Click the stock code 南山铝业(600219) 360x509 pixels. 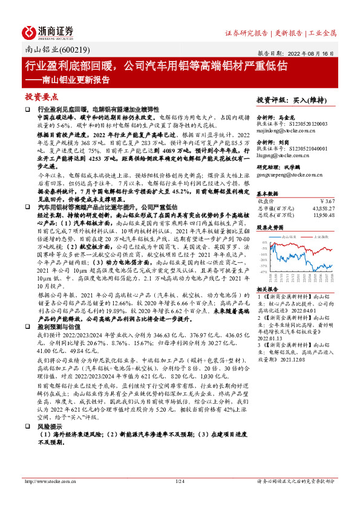click(47, 51)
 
